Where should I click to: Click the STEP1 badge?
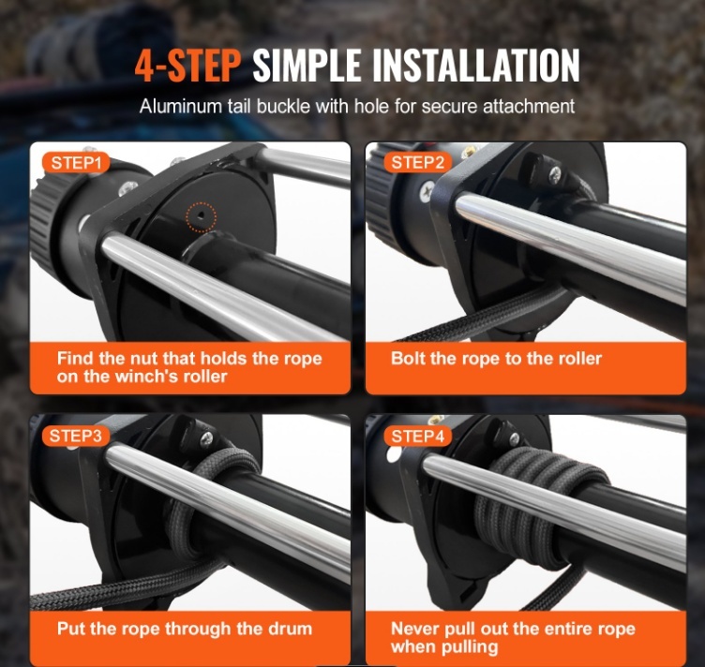76,163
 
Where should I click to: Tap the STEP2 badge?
417,163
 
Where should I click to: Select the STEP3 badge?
76,436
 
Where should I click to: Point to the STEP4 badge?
417,437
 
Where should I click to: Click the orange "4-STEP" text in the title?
187,66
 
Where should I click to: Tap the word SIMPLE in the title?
307,66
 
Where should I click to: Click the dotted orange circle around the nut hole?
202,217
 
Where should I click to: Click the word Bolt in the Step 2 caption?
408,359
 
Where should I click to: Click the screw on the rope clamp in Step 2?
556,172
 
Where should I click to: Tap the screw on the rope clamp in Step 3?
206,437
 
